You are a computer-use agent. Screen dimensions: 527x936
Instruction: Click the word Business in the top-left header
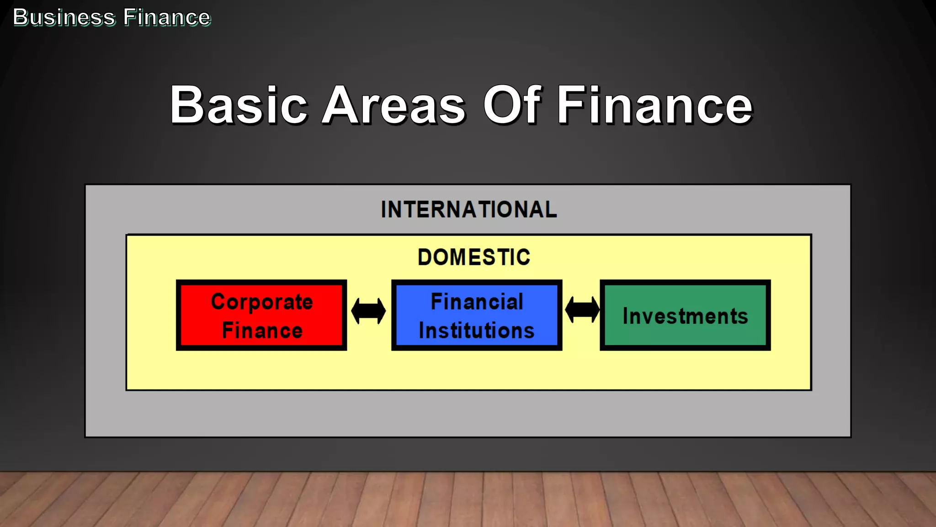[64, 17]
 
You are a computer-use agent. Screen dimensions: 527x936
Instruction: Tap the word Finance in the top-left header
[167, 17]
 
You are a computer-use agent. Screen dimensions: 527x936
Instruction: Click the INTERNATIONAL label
[469, 210]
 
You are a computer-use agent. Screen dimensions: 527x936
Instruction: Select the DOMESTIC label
[474, 257]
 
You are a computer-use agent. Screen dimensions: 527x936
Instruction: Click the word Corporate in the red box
[262, 302]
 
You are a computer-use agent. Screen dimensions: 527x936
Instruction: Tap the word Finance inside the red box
[262, 330]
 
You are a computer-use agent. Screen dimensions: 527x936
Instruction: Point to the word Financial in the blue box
[477, 302]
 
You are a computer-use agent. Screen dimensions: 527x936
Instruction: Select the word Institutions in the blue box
[477, 330]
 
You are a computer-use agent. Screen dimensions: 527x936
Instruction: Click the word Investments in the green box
[685, 316]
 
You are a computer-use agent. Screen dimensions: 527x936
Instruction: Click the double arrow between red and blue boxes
[368, 311]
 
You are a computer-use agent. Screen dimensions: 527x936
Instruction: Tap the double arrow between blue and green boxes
[582, 310]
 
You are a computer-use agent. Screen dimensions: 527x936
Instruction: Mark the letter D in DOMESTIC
[425, 257]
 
